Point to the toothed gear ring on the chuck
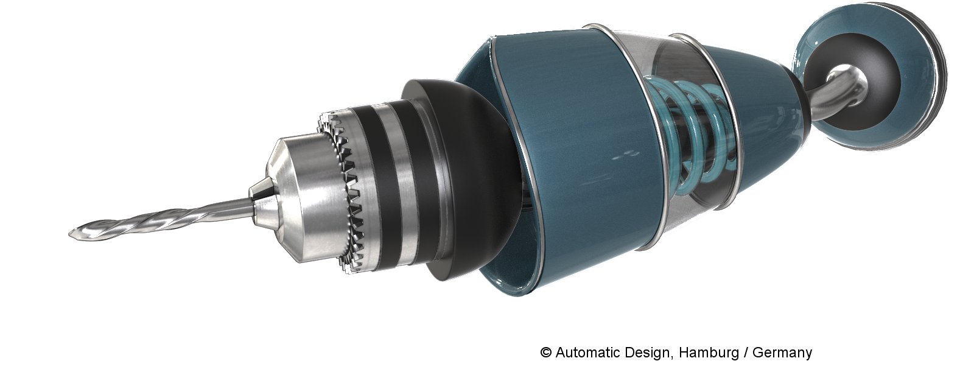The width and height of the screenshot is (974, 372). tap(343, 194)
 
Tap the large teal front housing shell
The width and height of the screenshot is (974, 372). tap(578, 166)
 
